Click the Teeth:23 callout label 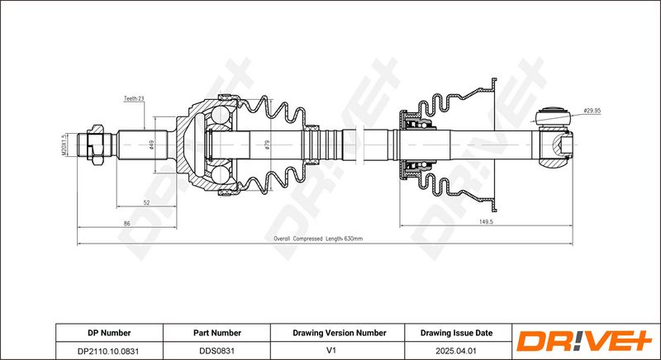(x=134, y=98)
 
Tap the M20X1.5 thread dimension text (x=64, y=145)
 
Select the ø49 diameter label (x=151, y=144)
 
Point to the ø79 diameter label (x=267, y=144)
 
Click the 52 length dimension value (x=146, y=202)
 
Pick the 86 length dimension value (x=127, y=224)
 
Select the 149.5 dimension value (x=486, y=222)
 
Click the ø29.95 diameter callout (x=592, y=111)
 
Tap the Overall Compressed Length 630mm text (x=318, y=239)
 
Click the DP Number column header (x=109, y=333)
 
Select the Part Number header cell (x=217, y=333)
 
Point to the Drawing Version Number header (x=340, y=333)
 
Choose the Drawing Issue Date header (x=456, y=333)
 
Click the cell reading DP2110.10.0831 (x=109, y=350)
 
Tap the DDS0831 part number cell (x=217, y=350)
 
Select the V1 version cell (x=331, y=350)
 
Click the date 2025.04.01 (x=457, y=350)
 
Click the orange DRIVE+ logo (x=585, y=341)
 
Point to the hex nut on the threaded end (x=96, y=144)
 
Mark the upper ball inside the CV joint (x=220, y=115)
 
